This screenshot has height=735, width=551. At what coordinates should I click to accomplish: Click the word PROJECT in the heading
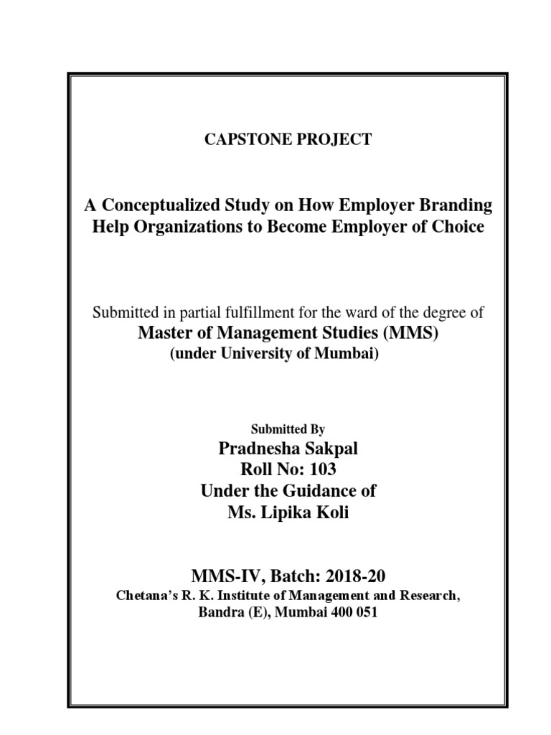point(336,139)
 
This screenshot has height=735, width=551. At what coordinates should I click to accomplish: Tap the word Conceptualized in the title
point(154,205)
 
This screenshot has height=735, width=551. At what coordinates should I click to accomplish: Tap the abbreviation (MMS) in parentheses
point(398,334)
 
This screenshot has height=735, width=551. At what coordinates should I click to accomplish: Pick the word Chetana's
point(149,596)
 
